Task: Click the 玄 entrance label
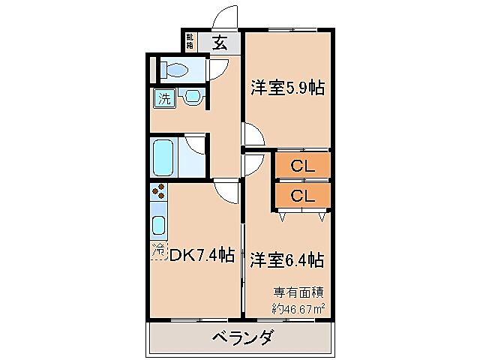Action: click(220, 43)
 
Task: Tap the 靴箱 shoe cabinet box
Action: click(190, 42)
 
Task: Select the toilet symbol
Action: click(174, 70)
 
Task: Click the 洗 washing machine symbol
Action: click(163, 97)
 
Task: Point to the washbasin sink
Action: click(192, 97)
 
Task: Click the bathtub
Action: click(165, 156)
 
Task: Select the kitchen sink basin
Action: click(159, 225)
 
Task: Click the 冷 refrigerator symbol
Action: click(159, 250)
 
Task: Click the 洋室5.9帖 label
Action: click(287, 88)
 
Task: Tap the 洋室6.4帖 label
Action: click(287, 260)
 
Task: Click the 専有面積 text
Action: click(298, 293)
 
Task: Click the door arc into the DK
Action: click(224, 193)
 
